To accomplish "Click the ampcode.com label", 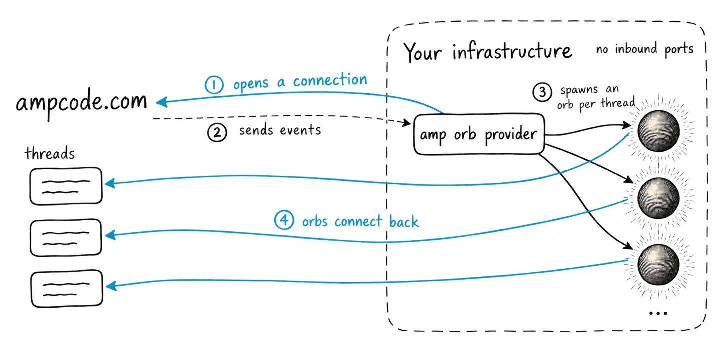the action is click(x=81, y=103).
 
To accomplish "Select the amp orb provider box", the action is click(x=479, y=134).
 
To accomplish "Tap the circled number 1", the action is click(x=214, y=85).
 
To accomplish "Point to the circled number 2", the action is click(x=217, y=133).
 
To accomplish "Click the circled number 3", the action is click(x=542, y=92).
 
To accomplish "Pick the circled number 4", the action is click(x=284, y=220).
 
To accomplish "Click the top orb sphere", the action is click(x=658, y=131).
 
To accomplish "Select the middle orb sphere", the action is click(x=658, y=198).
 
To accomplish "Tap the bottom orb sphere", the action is click(x=658, y=264).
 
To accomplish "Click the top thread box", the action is click(x=66, y=186).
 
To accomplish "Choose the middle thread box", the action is click(x=66, y=238).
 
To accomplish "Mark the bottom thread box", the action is click(x=67, y=289).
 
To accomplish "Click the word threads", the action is click(x=50, y=153).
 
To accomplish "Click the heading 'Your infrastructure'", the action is click(x=488, y=52).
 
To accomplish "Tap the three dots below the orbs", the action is click(x=658, y=313).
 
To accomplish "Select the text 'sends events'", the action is click(x=280, y=130).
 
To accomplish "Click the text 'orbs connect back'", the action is click(x=360, y=221).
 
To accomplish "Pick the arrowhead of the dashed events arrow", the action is click(x=407, y=122).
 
